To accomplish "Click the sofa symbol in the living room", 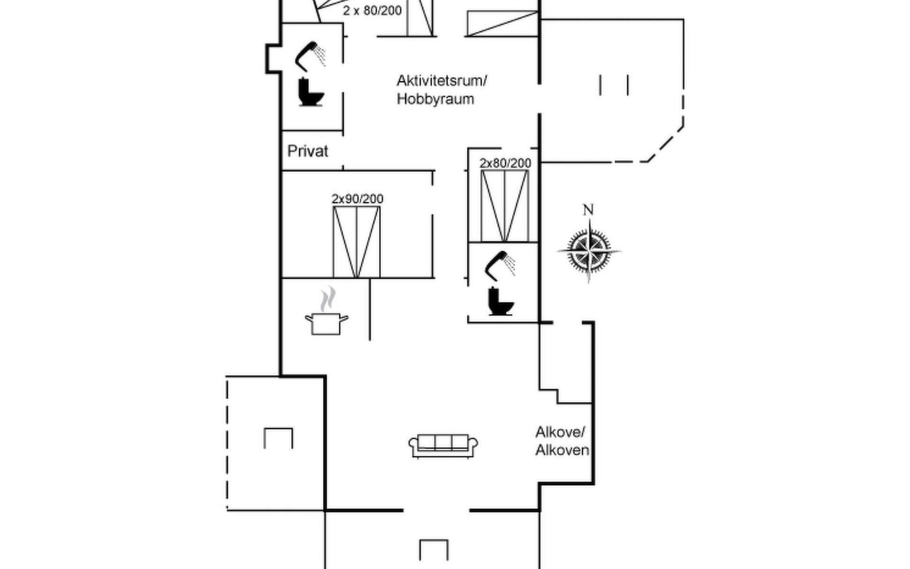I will point(443,445).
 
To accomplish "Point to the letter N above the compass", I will point(588,210).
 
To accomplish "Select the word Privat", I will point(308,151).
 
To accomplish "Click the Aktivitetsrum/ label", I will point(442,81).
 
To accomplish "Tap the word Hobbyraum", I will point(435,99).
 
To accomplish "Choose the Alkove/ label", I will point(560,432).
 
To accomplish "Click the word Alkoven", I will point(562,450).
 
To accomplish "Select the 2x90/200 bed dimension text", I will point(357,199).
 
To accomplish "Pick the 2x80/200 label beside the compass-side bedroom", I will point(505,163).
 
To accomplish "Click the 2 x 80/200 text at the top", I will point(372,10).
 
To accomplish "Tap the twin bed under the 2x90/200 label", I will point(356,242).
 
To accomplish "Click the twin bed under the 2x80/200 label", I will point(505,206).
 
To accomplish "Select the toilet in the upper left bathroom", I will point(310,92).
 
